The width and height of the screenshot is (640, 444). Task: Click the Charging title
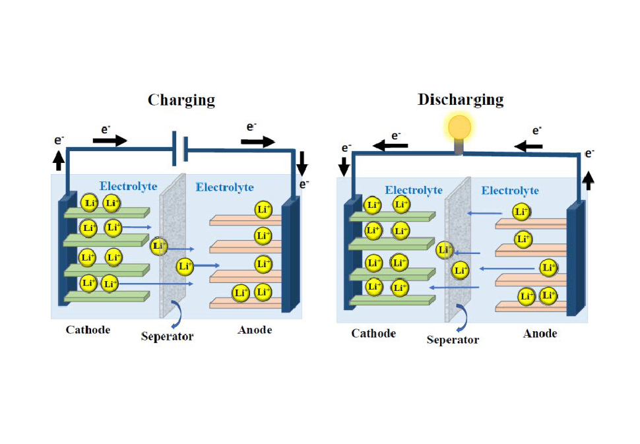pyautogui.click(x=181, y=100)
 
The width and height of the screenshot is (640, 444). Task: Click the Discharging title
pyautogui.click(x=461, y=100)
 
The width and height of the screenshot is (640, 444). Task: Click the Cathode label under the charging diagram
pyautogui.click(x=88, y=330)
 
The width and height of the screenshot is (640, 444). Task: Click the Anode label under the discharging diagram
pyautogui.click(x=540, y=334)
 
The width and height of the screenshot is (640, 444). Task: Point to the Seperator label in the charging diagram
pyautogui.click(x=168, y=336)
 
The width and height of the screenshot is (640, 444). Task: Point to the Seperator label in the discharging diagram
pyautogui.click(x=453, y=340)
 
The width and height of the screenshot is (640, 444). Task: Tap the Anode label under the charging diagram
pyautogui.click(x=255, y=330)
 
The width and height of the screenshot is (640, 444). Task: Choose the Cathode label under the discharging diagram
pyautogui.click(x=373, y=334)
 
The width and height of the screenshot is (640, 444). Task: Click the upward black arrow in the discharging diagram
pyautogui.click(x=589, y=177)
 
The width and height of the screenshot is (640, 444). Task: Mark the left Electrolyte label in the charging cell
pyautogui.click(x=129, y=187)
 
